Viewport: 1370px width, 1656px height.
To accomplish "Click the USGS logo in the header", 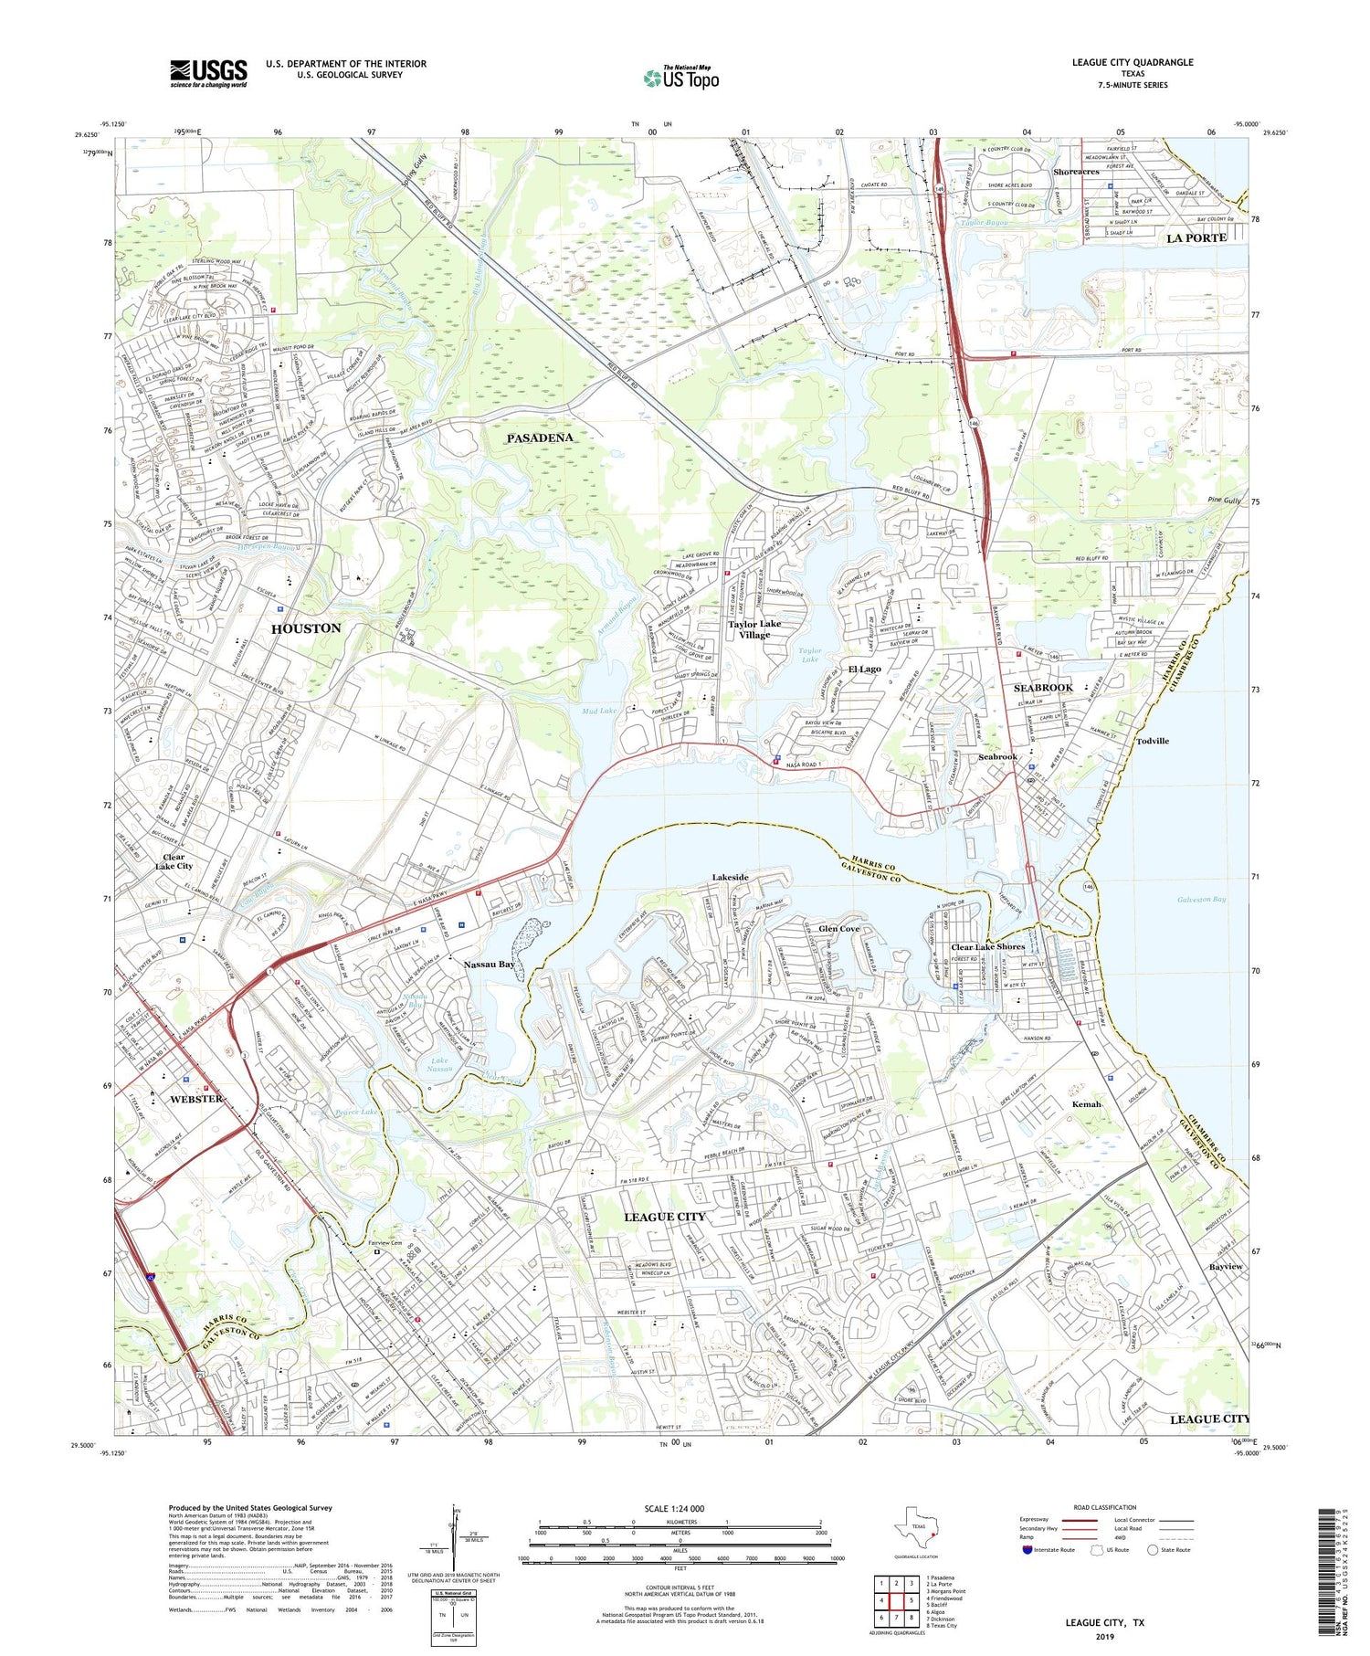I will click(x=208, y=73).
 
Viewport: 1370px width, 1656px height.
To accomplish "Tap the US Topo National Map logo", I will click(x=680, y=78).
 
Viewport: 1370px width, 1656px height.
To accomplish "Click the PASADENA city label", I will click(x=540, y=438).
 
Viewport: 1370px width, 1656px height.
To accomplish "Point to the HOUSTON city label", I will click(x=306, y=628).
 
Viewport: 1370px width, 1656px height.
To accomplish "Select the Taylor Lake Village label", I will click(x=754, y=629).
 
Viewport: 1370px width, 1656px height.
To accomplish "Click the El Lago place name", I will click(x=864, y=669).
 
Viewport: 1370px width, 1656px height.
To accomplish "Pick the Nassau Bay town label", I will click(x=489, y=965).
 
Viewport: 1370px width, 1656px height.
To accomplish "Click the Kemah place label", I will click(x=1086, y=1104).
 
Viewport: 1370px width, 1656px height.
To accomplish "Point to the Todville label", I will click(x=1152, y=741).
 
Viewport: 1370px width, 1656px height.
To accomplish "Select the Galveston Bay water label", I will click(x=1203, y=899).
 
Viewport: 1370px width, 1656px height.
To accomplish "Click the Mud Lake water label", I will click(x=598, y=711).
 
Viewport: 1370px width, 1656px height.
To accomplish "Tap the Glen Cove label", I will click(x=838, y=928).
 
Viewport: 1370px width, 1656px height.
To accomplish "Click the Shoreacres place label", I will click(x=1075, y=172).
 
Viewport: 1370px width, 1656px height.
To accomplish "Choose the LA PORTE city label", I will click(x=1196, y=237).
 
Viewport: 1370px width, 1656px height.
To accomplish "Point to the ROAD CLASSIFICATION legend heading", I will click(x=1105, y=1507).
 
